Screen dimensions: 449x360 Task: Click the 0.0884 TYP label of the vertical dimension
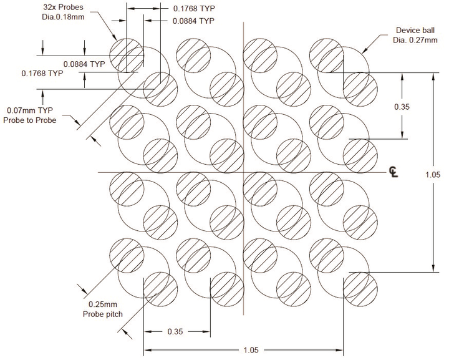click(x=84, y=64)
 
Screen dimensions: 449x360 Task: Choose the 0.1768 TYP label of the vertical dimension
click(x=42, y=74)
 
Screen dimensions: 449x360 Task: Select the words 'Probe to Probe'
click(x=31, y=120)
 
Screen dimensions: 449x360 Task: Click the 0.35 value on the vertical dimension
click(x=402, y=107)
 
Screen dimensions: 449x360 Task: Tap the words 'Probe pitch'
click(x=103, y=314)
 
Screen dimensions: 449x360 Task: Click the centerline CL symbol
click(x=393, y=172)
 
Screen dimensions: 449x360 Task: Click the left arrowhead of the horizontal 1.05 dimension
click(x=147, y=351)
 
